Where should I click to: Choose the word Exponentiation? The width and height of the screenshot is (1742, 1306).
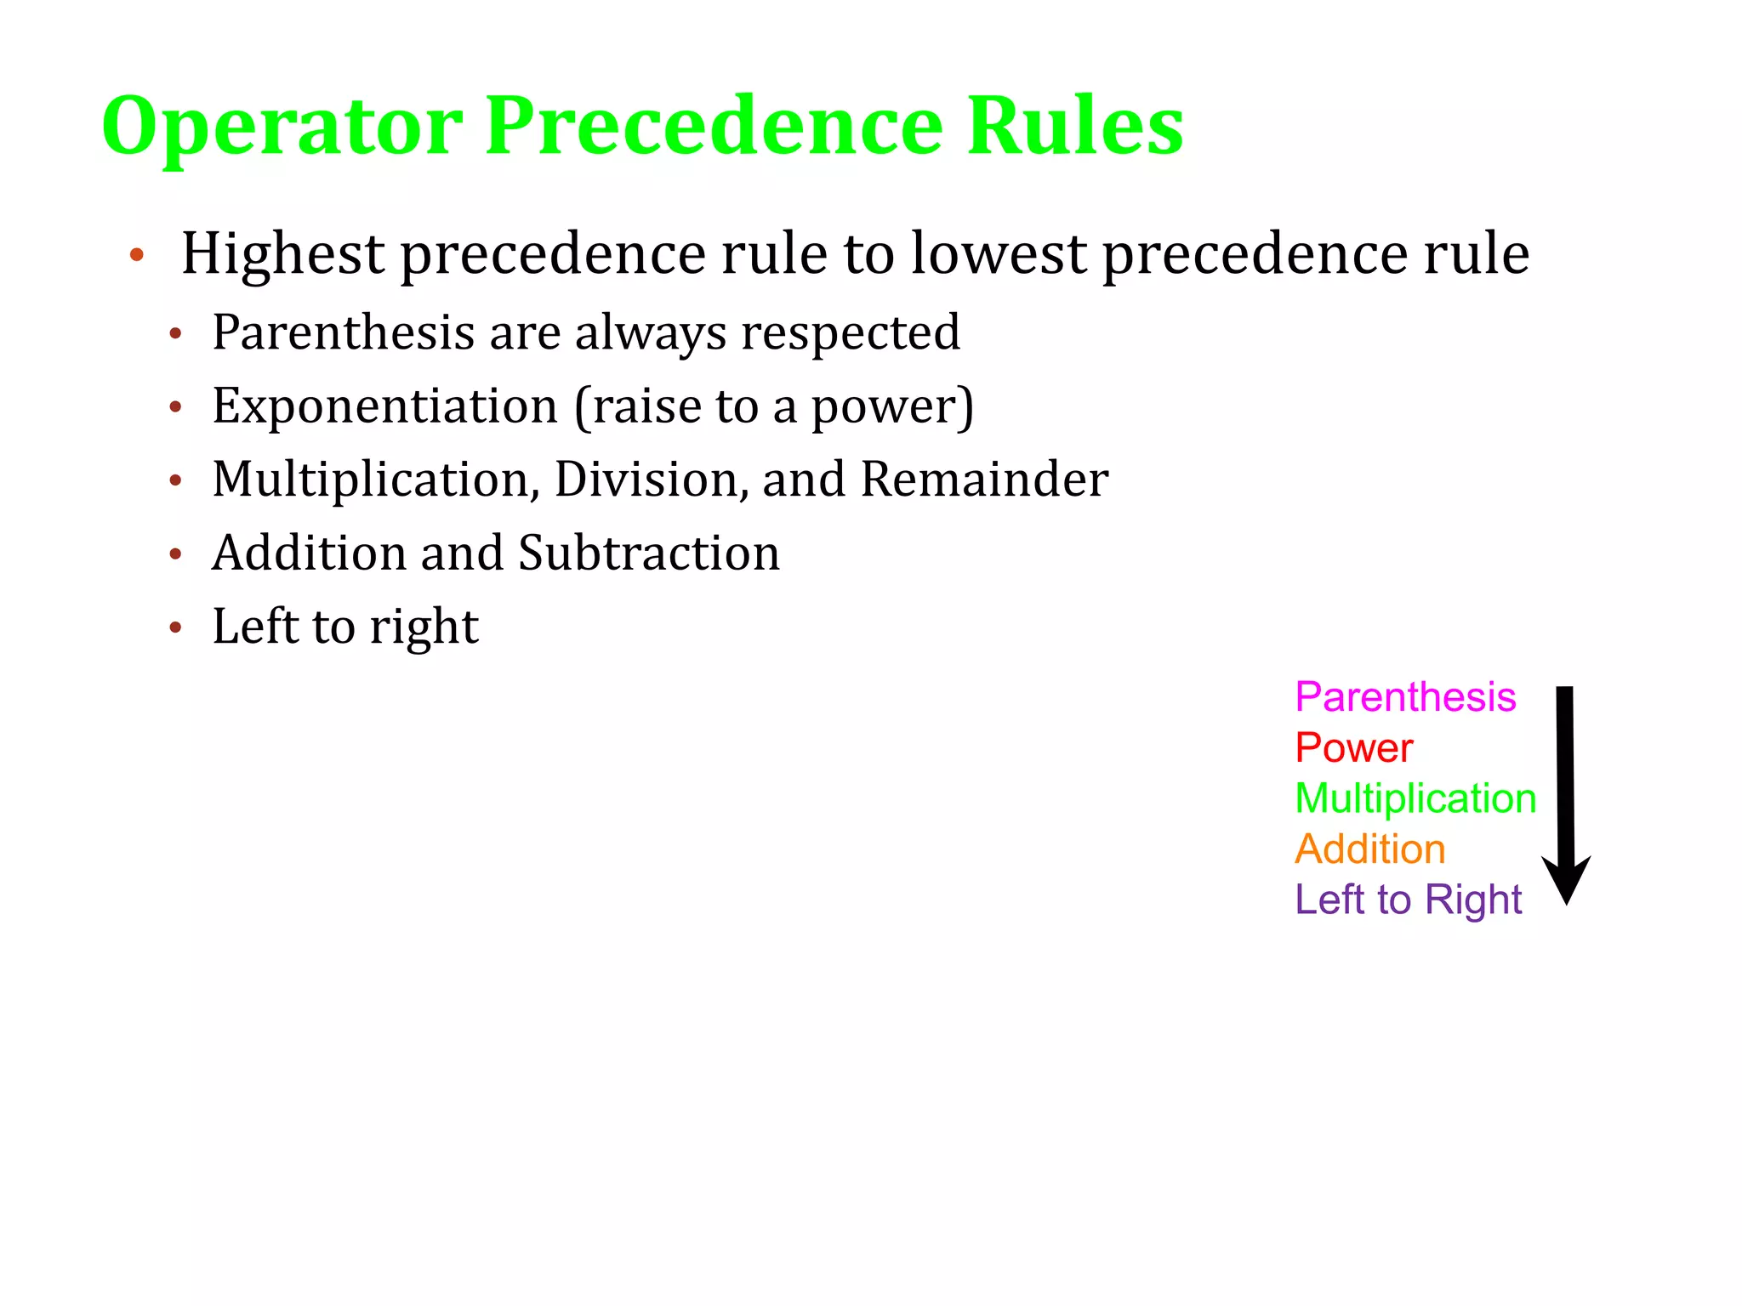coord(384,406)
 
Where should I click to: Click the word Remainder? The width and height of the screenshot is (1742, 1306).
coord(984,480)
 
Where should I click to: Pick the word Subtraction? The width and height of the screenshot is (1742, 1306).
coord(649,553)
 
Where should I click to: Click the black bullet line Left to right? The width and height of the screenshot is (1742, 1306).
coord(345,627)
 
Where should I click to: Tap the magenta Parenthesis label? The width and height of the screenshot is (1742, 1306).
coord(1405,697)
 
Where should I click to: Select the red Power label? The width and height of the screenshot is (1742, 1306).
coord(1353,748)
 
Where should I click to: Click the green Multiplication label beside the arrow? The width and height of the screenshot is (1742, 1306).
coord(1415,798)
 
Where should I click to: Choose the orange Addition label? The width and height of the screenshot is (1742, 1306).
coord(1369,849)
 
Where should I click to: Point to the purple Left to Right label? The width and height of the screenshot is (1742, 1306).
coord(1408,900)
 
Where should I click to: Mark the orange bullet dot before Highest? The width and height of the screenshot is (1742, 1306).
coord(137,254)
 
